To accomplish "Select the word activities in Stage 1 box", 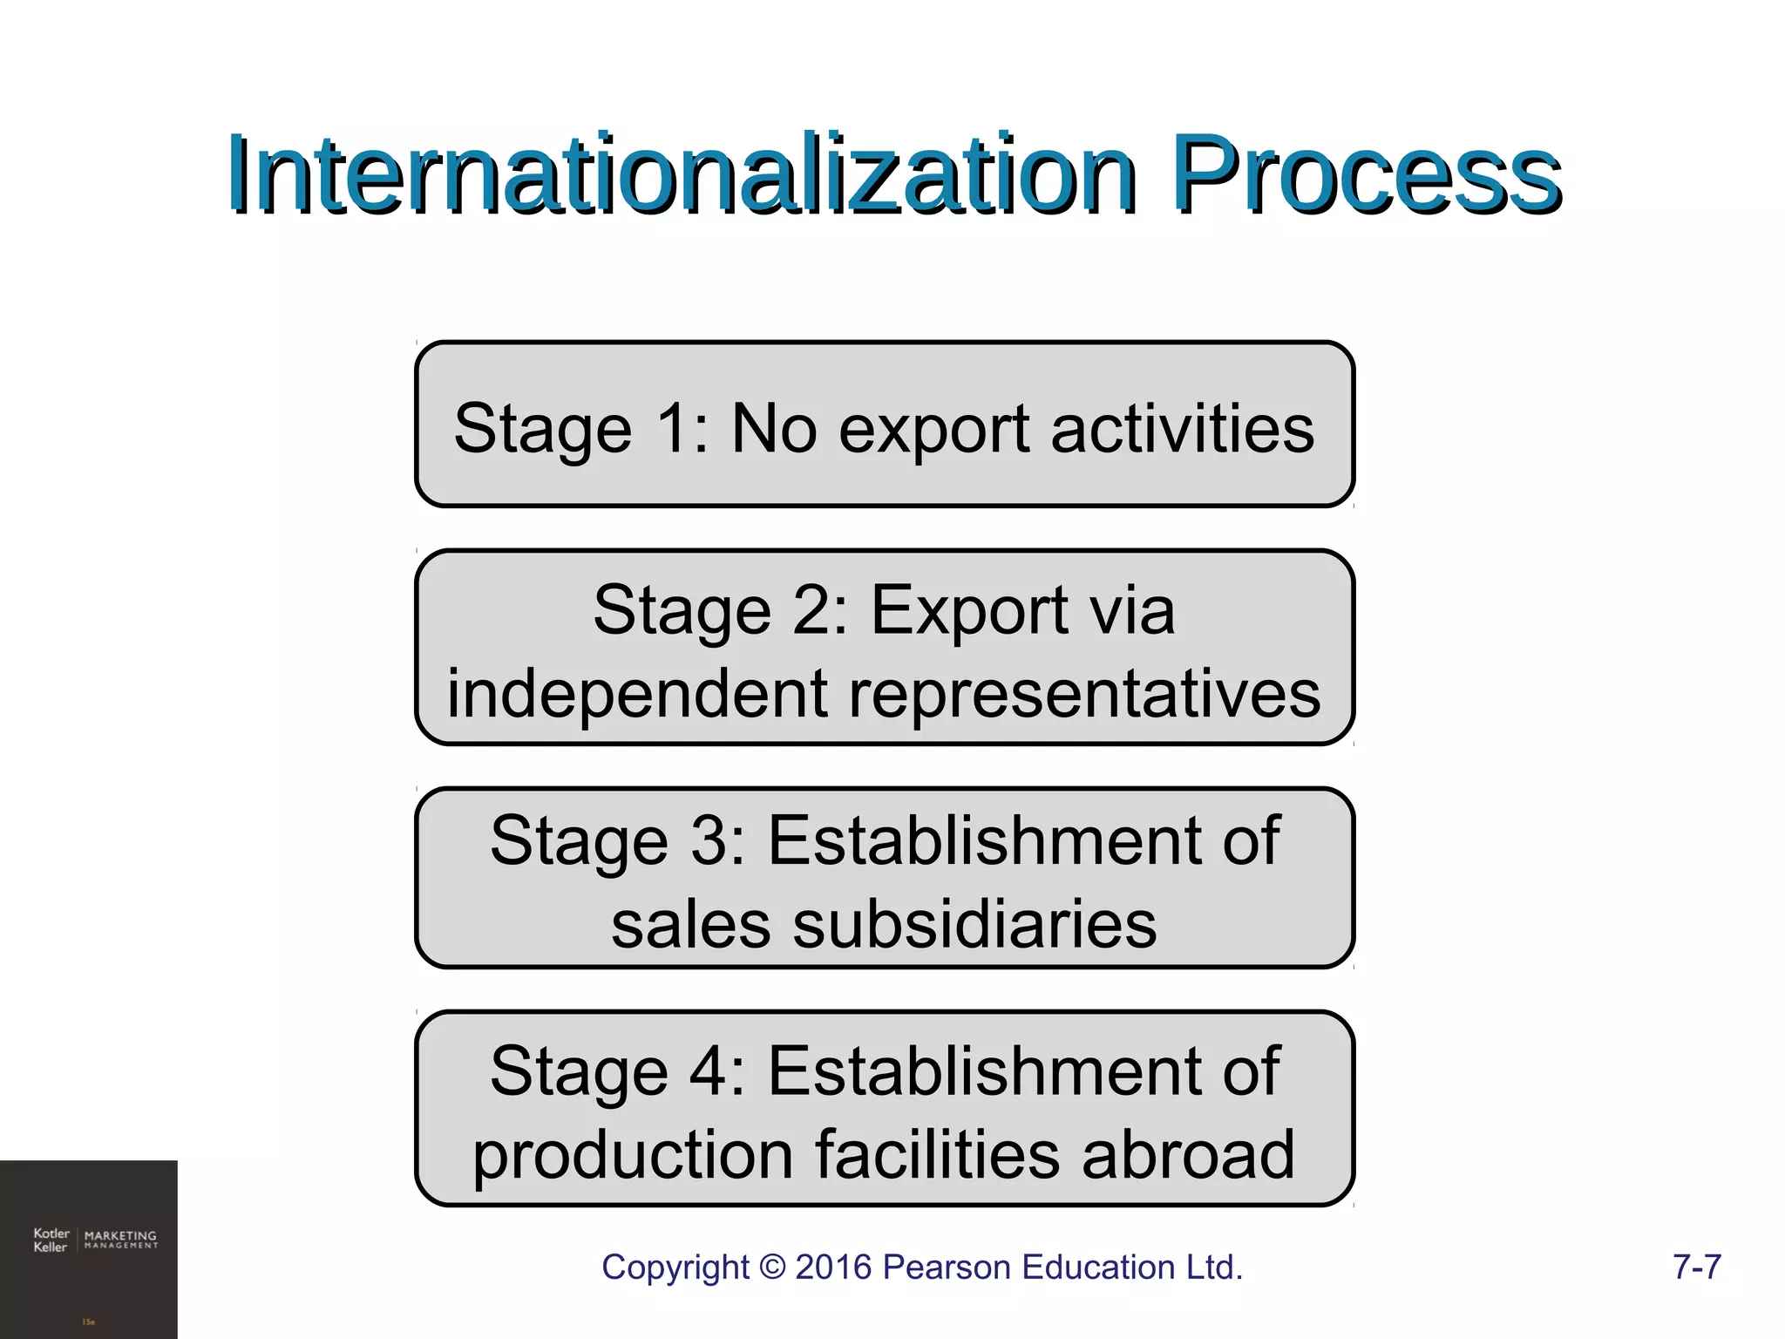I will point(1182,428).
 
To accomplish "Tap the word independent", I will point(637,695).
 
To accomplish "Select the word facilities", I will point(938,1154).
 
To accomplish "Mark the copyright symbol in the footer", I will point(771,1267).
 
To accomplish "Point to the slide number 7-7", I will point(1696,1267).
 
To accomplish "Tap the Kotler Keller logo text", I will point(51,1240).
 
